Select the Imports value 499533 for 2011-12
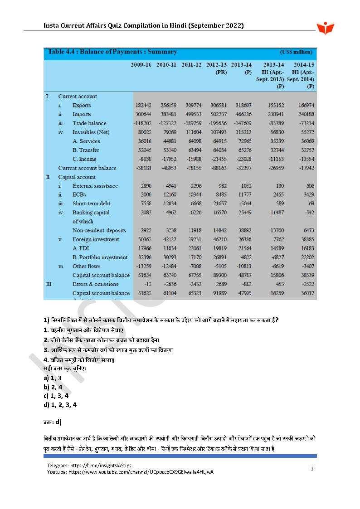point(192,114)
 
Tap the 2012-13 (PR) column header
point(216,68)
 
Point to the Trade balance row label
point(89,123)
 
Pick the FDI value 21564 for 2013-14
point(243,248)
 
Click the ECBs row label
point(80,195)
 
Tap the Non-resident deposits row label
point(99,230)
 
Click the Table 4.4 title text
point(112,52)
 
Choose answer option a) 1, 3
point(53,378)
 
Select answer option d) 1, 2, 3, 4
point(60,405)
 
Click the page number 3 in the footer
point(311,469)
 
